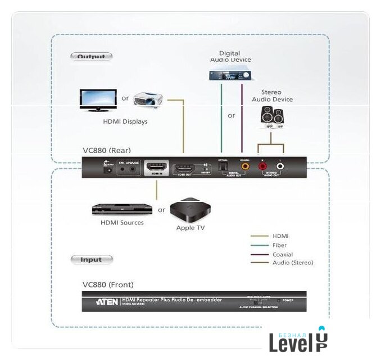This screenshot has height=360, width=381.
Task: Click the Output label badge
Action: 91,56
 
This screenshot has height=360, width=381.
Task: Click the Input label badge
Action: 92,259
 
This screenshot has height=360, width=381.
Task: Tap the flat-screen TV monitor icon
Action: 98,100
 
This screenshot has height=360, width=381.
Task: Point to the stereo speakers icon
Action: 273,116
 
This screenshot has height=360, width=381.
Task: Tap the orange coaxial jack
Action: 245,166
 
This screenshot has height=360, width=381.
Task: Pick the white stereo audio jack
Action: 280,166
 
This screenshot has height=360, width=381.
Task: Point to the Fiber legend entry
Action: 279,245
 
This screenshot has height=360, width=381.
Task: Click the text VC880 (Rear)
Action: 107,150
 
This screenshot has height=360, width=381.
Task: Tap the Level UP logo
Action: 297,340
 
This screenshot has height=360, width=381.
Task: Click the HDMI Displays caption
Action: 125,121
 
